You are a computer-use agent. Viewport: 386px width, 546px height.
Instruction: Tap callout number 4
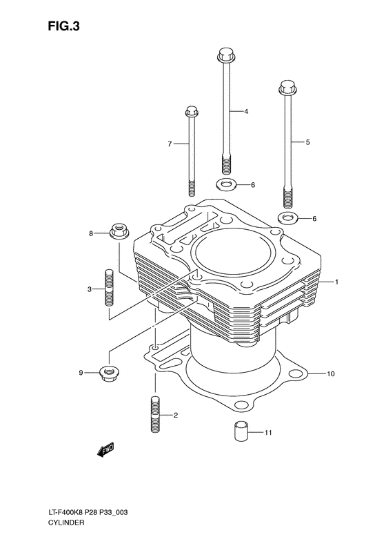245,111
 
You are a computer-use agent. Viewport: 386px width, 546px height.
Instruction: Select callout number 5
307,142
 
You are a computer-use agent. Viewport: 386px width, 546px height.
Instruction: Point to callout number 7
168,144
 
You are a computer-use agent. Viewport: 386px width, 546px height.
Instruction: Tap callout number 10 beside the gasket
331,374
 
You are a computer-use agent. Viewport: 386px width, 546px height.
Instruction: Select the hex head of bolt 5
287,88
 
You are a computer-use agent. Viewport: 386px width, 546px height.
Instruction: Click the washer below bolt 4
225,185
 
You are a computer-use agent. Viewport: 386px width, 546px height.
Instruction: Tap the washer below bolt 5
288,219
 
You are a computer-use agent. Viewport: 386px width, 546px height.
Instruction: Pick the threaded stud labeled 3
109,287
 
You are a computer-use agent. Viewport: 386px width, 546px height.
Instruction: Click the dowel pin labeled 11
238,431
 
